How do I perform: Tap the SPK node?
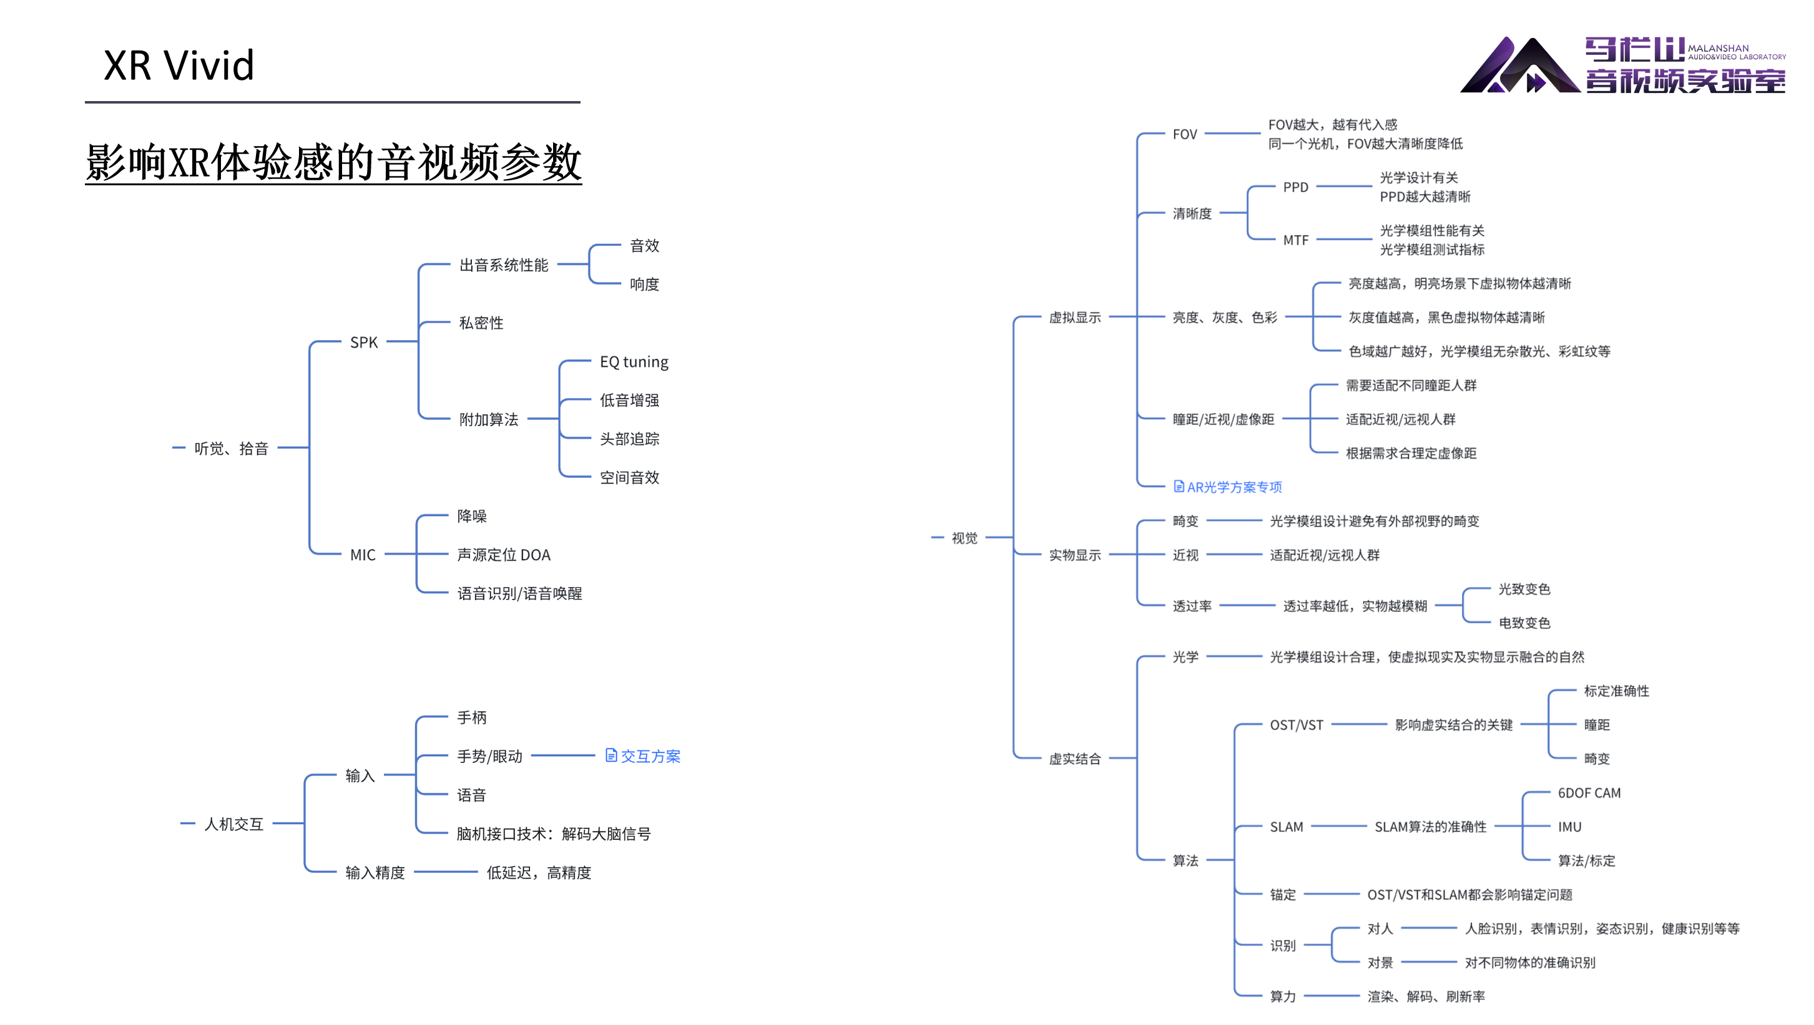363,342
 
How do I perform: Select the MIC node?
363,555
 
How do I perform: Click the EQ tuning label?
634,362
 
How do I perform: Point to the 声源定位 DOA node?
504,555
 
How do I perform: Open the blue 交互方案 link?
644,756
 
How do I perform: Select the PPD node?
1295,187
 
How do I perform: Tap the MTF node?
1295,240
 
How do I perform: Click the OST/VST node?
1296,725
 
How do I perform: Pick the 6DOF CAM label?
1589,794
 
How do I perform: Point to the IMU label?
1569,827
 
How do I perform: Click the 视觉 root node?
964,538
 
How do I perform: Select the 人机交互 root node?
233,823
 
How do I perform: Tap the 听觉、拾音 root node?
231,449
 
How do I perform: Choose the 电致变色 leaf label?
1524,623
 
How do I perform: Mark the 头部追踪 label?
629,439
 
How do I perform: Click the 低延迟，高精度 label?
539,873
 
